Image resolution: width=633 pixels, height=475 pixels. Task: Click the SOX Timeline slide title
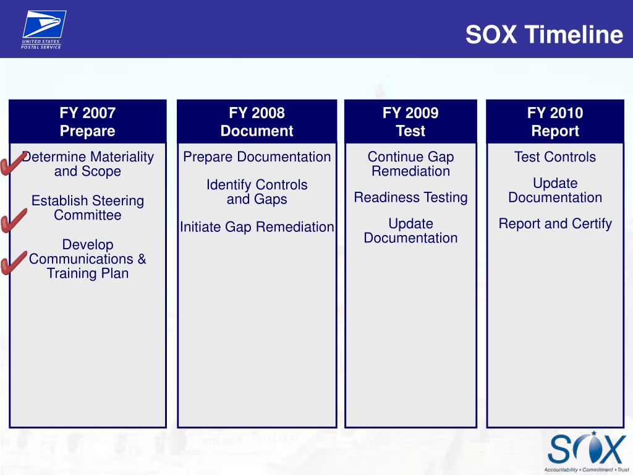click(544, 35)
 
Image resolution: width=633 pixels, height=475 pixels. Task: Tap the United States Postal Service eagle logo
click(43, 30)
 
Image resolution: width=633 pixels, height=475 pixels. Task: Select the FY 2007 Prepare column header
click(88, 122)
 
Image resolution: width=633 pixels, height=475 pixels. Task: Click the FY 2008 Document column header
click(257, 122)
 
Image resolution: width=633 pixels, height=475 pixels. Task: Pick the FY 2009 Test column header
click(410, 122)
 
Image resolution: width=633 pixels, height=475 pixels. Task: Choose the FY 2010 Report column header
click(555, 122)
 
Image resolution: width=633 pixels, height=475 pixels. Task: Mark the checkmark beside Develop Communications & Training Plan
click(14, 262)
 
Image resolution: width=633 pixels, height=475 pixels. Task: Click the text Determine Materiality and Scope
click(88, 164)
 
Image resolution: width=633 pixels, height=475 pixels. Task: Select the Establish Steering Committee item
click(88, 208)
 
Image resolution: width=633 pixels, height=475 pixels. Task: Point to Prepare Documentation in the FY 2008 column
click(257, 157)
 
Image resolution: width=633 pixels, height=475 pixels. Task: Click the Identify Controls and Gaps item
click(257, 192)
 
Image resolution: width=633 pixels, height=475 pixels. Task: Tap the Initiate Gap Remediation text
click(257, 227)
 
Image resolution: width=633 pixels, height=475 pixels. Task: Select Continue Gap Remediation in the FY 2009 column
click(410, 164)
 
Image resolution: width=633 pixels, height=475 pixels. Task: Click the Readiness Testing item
click(410, 197)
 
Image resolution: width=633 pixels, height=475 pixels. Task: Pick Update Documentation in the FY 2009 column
click(410, 231)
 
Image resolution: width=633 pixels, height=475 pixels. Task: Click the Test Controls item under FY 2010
click(555, 157)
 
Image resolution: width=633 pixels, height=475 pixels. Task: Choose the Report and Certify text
click(555, 224)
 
